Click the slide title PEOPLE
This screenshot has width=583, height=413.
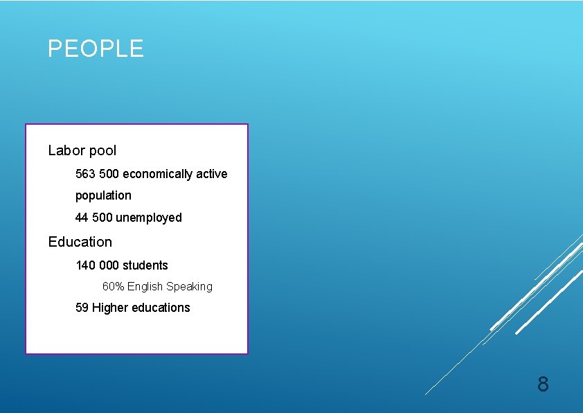click(x=96, y=49)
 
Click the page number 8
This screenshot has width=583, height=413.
click(x=543, y=384)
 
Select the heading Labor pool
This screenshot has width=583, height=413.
click(x=82, y=150)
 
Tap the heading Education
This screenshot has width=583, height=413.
click(x=80, y=242)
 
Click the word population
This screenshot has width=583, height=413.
click(x=103, y=195)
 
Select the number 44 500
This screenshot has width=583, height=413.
click(x=94, y=218)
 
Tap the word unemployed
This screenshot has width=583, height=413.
click(x=149, y=218)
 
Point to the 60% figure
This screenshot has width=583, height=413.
click(x=114, y=286)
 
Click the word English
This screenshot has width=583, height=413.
click(x=145, y=286)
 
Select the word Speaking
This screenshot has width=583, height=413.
click(x=189, y=287)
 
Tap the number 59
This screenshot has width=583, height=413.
click(x=82, y=308)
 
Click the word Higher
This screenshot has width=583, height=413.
click(x=109, y=308)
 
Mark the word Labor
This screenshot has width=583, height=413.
click(x=66, y=150)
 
